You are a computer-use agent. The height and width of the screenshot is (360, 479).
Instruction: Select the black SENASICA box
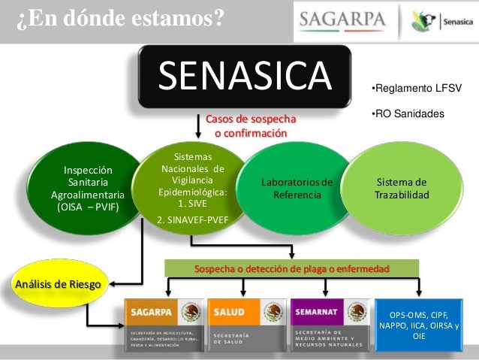[245, 76]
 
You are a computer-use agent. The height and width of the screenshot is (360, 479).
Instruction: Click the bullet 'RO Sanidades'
[408, 113]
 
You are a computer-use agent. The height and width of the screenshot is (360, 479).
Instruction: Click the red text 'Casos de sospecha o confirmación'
[250, 126]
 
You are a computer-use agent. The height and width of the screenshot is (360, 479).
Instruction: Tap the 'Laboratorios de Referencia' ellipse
[297, 189]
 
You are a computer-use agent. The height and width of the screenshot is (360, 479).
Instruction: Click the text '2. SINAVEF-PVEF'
[193, 220]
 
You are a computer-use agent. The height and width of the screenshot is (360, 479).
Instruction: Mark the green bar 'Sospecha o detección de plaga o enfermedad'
[291, 268]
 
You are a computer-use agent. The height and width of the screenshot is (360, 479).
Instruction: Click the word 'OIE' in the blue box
[419, 337]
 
